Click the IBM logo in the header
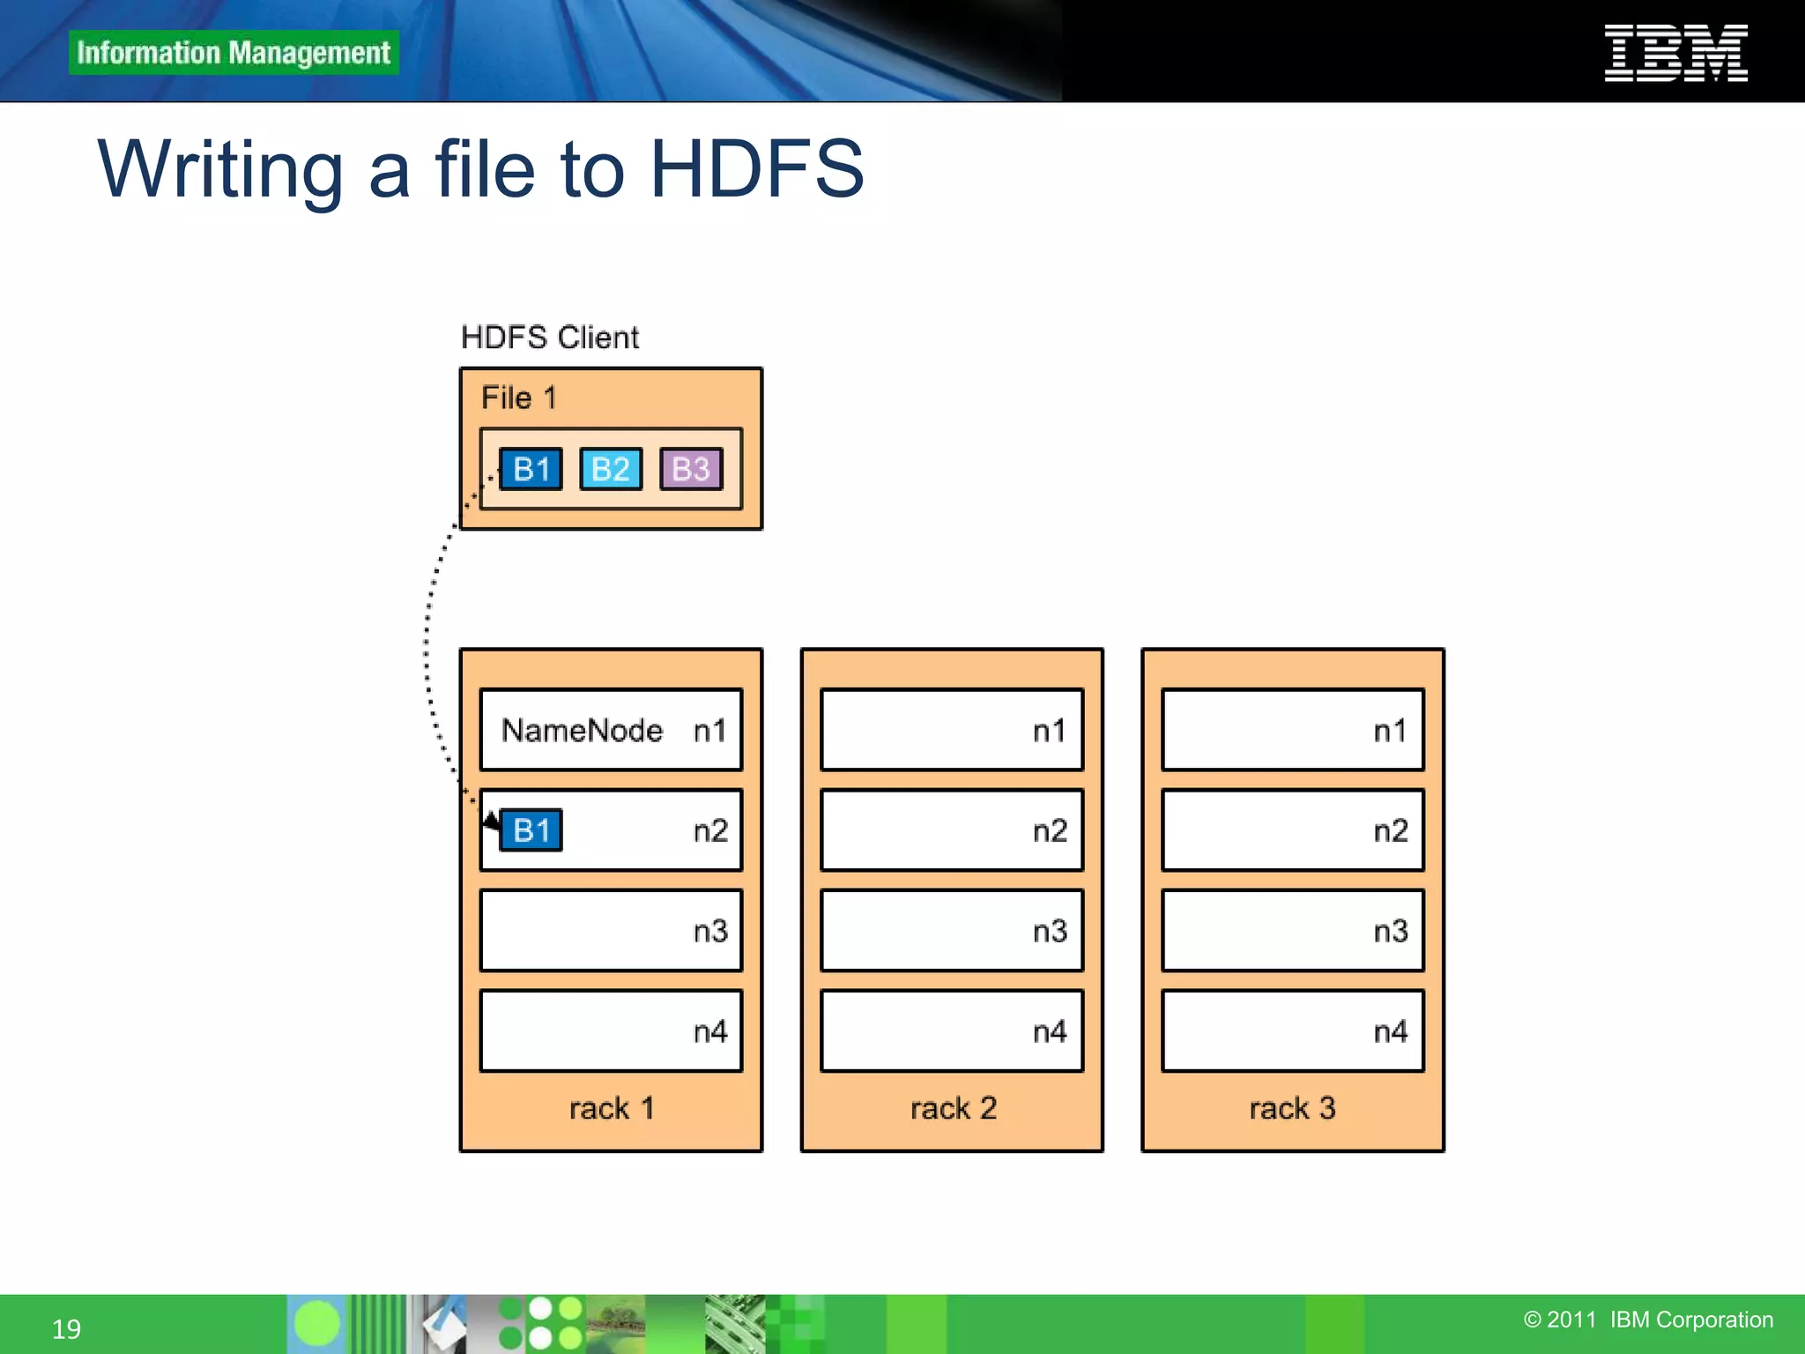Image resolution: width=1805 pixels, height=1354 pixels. point(1675,53)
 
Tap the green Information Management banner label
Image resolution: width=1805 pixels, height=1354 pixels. point(234,53)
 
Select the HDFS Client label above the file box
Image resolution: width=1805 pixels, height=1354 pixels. point(550,338)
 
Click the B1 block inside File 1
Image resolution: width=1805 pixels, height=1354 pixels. point(531,469)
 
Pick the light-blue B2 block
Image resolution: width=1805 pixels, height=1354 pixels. point(611,469)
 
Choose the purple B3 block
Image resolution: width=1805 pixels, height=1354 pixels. point(691,469)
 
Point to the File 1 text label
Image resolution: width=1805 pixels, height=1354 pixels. point(518,398)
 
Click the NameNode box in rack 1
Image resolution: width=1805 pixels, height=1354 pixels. point(611,730)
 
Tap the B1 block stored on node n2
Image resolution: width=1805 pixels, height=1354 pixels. point(531,830)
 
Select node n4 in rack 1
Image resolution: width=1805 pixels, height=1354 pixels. point(611,1030)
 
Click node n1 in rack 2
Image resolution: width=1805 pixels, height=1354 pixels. point(952,730)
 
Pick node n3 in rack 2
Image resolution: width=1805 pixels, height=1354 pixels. point(952,931)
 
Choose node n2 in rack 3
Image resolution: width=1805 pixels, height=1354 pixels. point(1292,830)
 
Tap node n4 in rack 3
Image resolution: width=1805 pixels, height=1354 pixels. point(1292,1030)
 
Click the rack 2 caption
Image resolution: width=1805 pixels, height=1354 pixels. point(953,1108)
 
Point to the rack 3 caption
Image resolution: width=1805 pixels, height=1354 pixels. point(1292,1108)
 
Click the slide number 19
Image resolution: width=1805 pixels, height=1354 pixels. point(66,1328)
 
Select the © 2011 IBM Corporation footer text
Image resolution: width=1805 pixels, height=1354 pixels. point(1648,1320)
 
